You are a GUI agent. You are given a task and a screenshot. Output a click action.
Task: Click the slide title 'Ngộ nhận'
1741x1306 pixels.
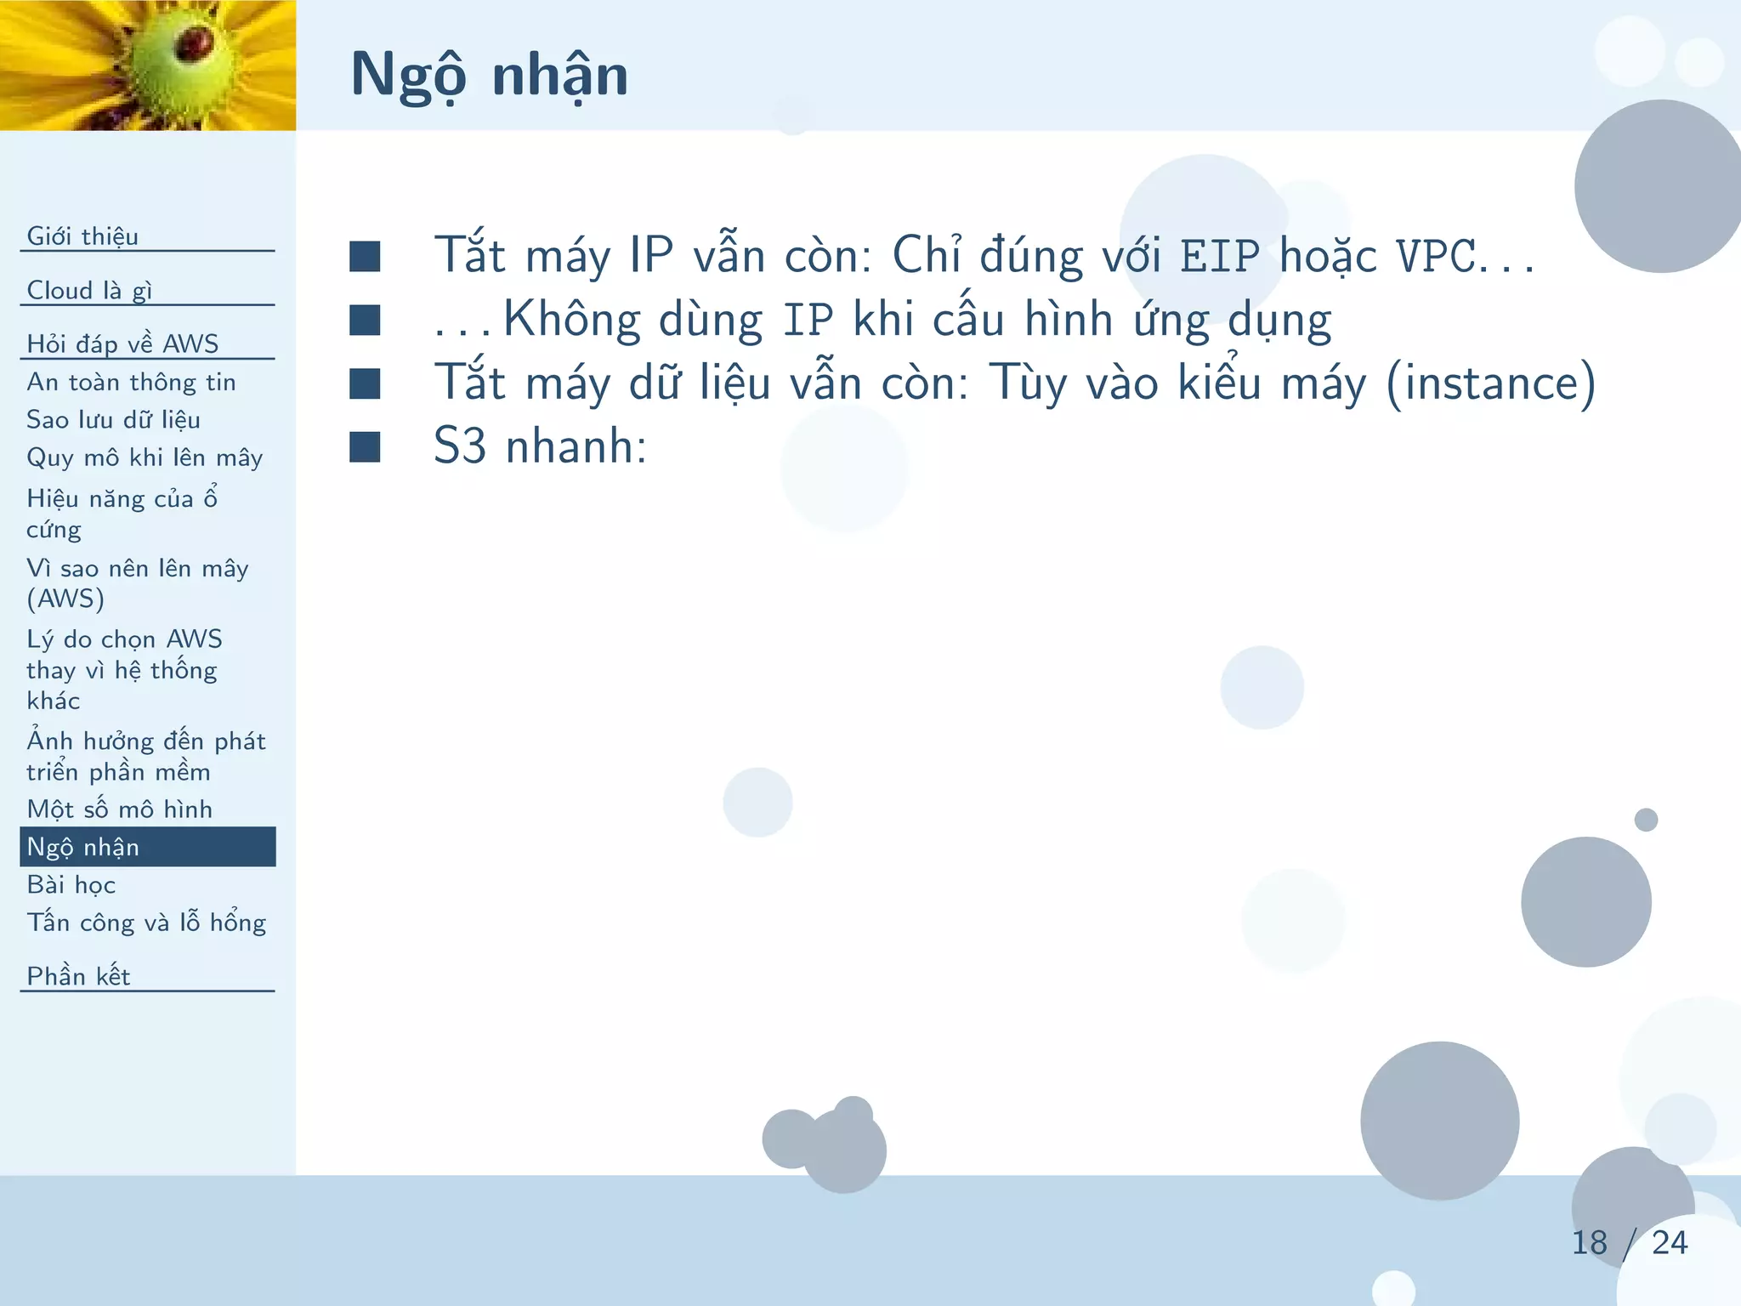[489, 75]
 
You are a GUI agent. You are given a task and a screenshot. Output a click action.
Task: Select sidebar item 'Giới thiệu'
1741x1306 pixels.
[82, 236]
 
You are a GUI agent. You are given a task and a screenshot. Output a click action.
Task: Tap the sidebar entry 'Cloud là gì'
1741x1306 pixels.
[89, 290]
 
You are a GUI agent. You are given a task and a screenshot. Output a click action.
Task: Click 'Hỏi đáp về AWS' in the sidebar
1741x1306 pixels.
[122, 344]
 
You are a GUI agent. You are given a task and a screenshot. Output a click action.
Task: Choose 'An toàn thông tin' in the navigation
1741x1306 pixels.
[131, 382]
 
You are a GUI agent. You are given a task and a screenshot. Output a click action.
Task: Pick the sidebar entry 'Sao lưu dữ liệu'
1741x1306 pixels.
[113, 419]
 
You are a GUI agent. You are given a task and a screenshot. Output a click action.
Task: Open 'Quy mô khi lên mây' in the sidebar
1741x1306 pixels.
[145, 457]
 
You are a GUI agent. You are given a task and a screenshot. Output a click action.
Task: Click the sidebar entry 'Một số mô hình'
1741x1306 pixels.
[119, 809]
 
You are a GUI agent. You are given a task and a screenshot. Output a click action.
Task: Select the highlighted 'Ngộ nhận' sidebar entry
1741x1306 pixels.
[83, 847]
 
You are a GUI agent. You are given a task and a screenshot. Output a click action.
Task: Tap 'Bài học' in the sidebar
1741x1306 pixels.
[71, 884]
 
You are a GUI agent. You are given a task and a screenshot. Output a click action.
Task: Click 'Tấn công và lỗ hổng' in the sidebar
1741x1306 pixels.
[146, 923]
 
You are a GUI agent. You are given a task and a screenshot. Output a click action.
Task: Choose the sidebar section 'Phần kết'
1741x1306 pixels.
[78, 976]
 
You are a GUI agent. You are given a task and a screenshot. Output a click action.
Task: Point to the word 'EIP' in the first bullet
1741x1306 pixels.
[1219, 256]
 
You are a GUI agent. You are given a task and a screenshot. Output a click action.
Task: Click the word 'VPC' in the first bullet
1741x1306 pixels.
[1436, 256]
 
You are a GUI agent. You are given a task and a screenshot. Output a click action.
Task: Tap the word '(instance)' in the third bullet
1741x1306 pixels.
[1490, 383]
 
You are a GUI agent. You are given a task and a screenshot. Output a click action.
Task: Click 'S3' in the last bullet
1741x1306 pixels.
[460, 446]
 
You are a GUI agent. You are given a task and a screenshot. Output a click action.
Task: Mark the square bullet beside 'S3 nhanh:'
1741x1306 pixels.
[365, 446]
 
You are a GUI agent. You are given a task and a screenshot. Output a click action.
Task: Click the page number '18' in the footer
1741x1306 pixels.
[1589, 1243]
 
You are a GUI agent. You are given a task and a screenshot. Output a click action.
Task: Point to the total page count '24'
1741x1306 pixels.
[1670, 1243]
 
